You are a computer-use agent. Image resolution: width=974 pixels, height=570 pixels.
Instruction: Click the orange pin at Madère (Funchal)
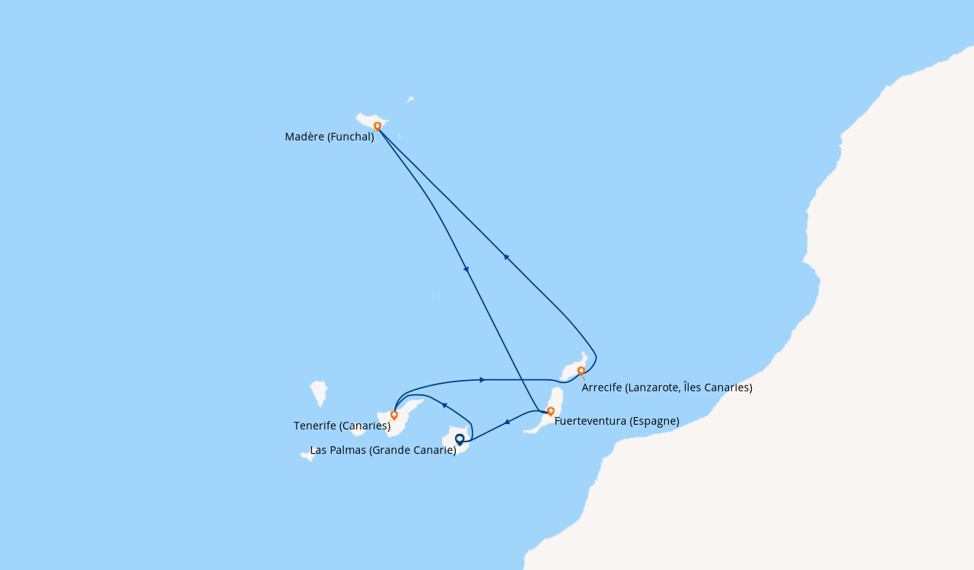point(377,126)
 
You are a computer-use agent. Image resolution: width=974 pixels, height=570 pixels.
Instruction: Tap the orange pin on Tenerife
point(394,415)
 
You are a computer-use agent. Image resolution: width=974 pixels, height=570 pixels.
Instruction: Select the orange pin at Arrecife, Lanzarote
point(581,371)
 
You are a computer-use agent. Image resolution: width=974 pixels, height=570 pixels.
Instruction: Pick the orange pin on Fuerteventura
point(550,411)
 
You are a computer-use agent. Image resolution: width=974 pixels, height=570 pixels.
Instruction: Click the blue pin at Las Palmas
point(460,440)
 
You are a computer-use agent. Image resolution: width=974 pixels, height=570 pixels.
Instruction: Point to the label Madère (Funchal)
point(329,137)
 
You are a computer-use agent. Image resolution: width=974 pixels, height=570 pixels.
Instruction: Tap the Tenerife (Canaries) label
point(342,426)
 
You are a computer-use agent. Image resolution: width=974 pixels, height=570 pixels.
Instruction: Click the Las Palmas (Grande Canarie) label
point(383,450)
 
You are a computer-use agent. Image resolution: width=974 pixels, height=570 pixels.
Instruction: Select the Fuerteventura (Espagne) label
point(616,421)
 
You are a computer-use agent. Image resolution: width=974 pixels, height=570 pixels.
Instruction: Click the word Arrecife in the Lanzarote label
point(602,388)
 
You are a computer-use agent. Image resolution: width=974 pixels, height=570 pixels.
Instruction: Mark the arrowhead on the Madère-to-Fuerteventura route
point(466,269)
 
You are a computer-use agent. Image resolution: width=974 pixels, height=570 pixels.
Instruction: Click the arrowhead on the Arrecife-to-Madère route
point(506,257)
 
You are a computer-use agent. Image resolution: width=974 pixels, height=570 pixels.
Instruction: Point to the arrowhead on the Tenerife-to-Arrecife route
point(482,380)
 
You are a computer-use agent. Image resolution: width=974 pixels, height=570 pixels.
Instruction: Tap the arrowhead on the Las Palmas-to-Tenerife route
point(444,405)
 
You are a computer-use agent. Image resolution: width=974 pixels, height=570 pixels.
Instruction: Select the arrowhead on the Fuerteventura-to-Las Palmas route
point(507,422)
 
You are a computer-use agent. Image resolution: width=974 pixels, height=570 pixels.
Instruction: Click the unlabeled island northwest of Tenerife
point(319,393)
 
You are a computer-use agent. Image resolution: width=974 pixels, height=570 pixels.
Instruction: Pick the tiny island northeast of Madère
point(410,99)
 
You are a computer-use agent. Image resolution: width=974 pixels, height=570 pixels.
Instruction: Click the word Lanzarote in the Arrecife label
point(650,388)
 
